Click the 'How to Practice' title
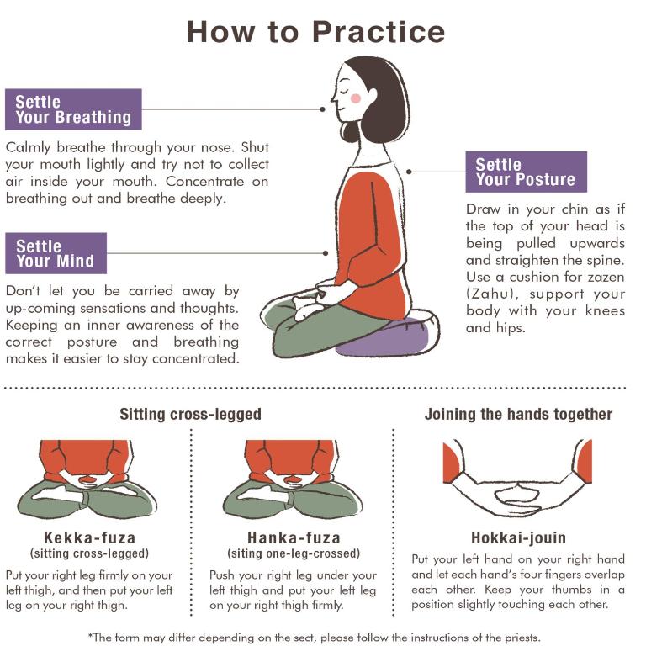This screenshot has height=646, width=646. pos(315,32)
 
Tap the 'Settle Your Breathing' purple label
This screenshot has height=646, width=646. pos(73,109)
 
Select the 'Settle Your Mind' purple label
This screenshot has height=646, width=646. pos(56,253)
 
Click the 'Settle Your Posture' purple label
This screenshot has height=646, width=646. pos(526,172)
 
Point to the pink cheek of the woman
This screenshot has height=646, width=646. pos(356,98)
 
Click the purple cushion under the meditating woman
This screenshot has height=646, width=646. pos(387,336)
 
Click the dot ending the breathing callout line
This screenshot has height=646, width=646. pos(322,109)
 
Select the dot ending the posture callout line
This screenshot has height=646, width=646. pos(409,172)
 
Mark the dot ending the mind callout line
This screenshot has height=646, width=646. pos(326,253)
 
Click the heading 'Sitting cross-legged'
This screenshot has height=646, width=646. pos(190,414)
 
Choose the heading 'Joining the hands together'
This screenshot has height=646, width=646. pos(518,414)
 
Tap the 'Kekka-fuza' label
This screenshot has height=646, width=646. pos(89,537)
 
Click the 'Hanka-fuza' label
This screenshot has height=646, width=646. pos(294,537)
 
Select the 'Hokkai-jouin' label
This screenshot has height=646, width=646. pos(518,537)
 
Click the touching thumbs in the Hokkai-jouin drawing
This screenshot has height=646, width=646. pos(518,484)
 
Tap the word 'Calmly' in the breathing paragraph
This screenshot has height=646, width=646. pos(28,147)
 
